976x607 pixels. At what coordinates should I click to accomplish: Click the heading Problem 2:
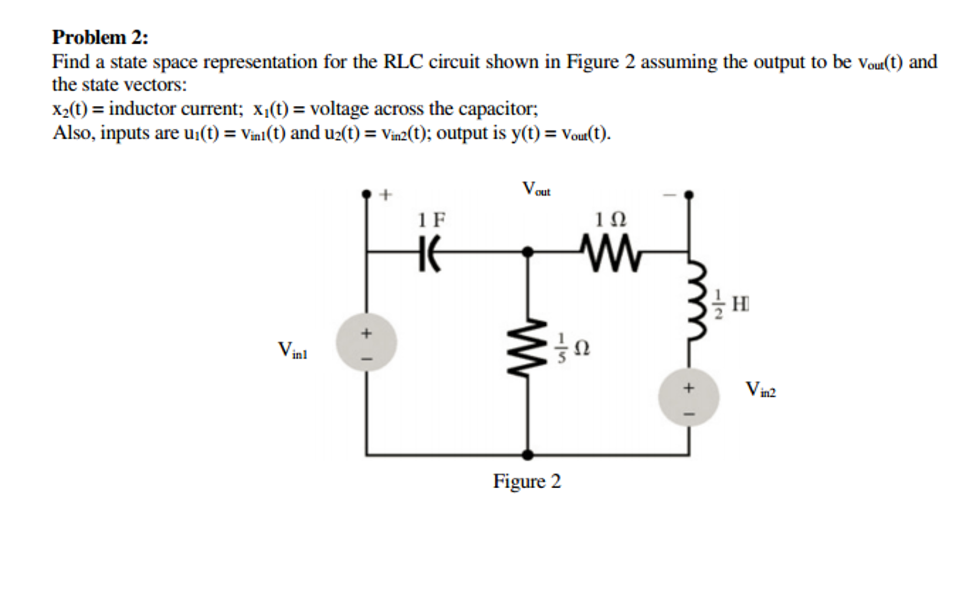(x=100, y=37)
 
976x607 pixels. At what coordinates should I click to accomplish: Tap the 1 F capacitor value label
(x=431, y=220)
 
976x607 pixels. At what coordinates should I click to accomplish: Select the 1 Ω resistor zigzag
(x=611, y=253)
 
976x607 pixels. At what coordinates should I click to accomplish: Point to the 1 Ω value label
(x=611, y=220)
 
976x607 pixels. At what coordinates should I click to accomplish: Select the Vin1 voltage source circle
(x=366, y=342)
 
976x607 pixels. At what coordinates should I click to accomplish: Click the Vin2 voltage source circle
(x=688, y=397)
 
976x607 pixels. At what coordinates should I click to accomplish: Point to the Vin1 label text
(x=292, y=350)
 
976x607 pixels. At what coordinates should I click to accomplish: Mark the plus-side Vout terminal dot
(x=366, y=194)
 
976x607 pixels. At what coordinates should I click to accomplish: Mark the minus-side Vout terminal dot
(x=688, y=195)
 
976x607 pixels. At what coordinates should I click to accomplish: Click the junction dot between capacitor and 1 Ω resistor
(x=527, y=251)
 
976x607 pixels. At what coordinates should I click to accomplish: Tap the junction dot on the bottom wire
(x=527, y=455)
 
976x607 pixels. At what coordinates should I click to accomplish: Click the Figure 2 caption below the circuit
(x=527, y=481)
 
